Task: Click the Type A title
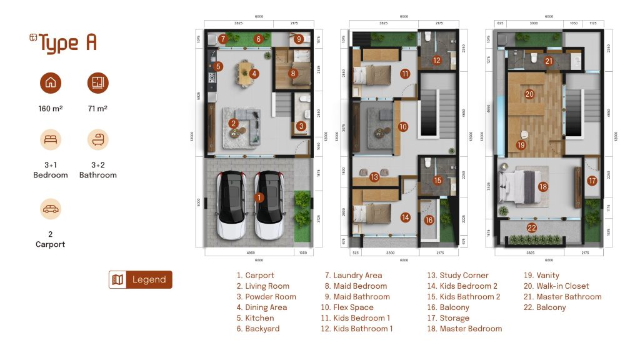tap(63, 43)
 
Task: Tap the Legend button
tap(141, 279)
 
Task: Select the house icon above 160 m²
tap(51, 82)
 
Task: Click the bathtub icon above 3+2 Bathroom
tap(97, 139)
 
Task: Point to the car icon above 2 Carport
tap(51, 209)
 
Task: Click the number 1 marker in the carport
tap(259, 197)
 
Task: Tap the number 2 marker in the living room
tap(233, 124)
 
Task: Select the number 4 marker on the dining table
tap(254, 73)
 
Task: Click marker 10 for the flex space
tap(403, 127)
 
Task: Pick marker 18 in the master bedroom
tap(542, 186)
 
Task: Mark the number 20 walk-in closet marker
tap(529, 94)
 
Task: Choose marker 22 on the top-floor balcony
tap(532, 227)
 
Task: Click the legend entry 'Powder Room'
tap(266, 297)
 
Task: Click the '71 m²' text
tap(97, 109)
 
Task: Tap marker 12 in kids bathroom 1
tap(437, 61)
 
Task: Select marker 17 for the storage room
tap(592, 181)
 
